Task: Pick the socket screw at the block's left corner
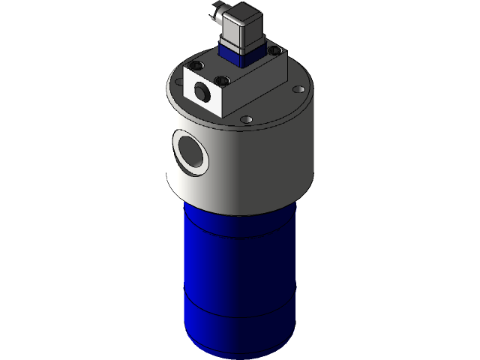[199, 65]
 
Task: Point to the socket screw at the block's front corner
[221, 79]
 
